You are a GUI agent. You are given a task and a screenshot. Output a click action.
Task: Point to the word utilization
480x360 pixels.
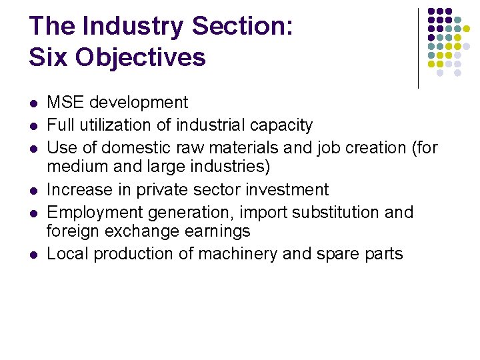(119, 125)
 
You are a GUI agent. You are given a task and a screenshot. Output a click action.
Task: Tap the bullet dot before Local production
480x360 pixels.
(33, 255)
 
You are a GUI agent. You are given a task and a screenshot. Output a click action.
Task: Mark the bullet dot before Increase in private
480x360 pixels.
(33, 191)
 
